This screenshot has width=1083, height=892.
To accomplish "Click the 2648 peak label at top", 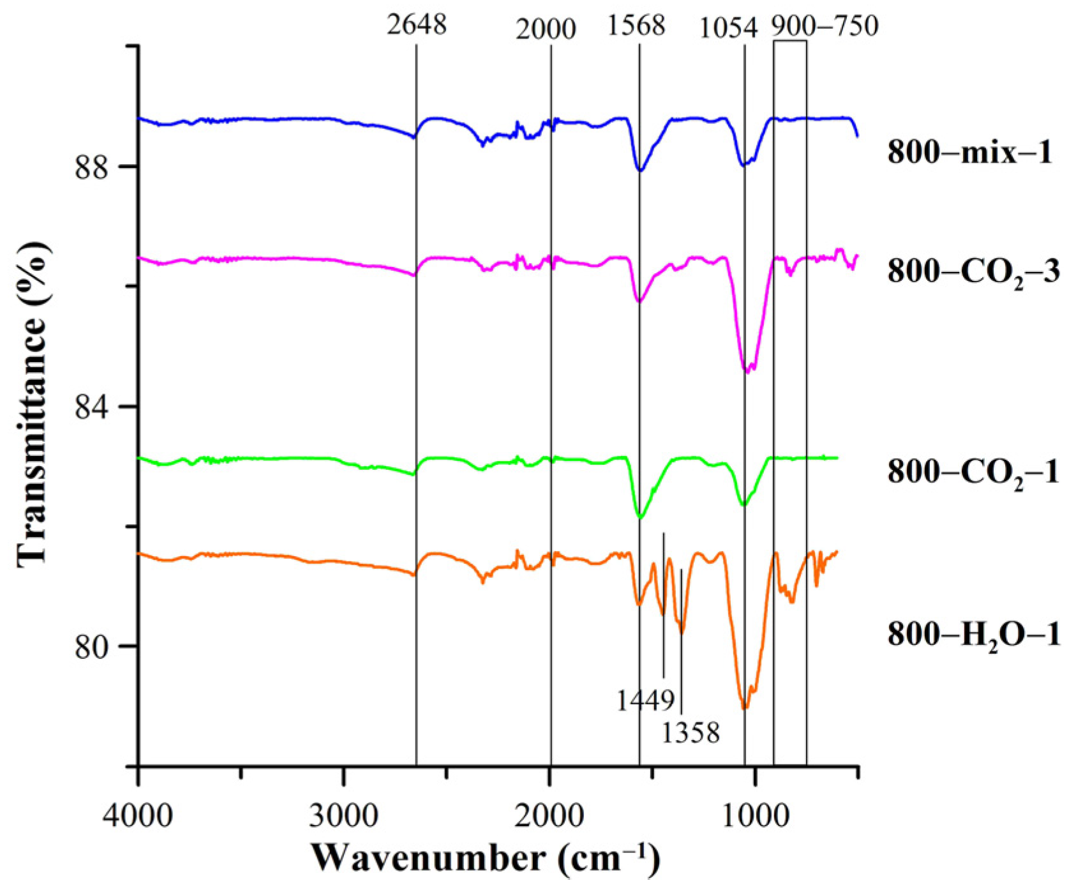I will point(417,25).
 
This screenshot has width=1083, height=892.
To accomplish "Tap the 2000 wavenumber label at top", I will point(546,29).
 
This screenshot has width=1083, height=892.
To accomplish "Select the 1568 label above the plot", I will point(636,26).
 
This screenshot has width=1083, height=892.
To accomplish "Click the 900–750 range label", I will point(824,26).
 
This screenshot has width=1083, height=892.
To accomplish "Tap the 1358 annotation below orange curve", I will point(691,733).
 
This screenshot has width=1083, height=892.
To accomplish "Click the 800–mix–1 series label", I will point(969,153).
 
